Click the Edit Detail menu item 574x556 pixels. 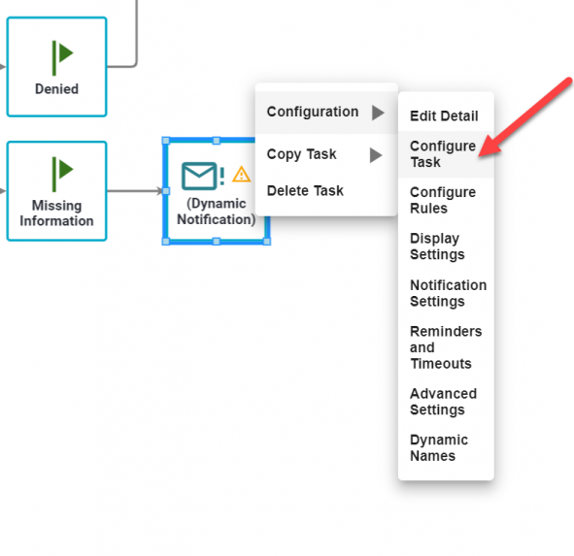pyautogui.click(x=444, y=116)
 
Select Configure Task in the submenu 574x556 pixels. pyautogui.click(x=443, y=154)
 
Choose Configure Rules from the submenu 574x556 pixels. pyautogui.click(x=443, y=200)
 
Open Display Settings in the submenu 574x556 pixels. pyautogui.click(x=437, y=246)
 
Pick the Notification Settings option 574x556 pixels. pyautogui.click(x=448, y=293)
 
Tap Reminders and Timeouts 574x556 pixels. pyautogui.click(x=446, y=347)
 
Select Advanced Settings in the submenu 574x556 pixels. pyautogui.click(x=443, y=402)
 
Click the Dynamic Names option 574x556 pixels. pyautogui.click(x=439, y=447)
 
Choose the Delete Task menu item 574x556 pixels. pyautogui.click(x=305, y=190)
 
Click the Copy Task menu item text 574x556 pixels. pyautogui.click(x=301, y=154)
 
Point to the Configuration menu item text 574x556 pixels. pyautogui.click(x=313, y=112)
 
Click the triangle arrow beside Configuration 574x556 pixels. pyautogui.click(x=378, y=113)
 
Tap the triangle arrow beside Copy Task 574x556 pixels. pyautogui.click(x=376, y=155)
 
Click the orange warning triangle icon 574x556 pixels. pyautogui.click(x=241, y=174)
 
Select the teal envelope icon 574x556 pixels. pyautogui.click(x=199, y=176)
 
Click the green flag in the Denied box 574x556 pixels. pyautogui.click(x=62, y=58)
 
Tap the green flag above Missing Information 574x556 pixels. pyautogui.click(x=62, y=175)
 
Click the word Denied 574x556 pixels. pyautogui.click(x=56, y=89)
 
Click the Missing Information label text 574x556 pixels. pyautogui.click(x=56, y=213)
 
